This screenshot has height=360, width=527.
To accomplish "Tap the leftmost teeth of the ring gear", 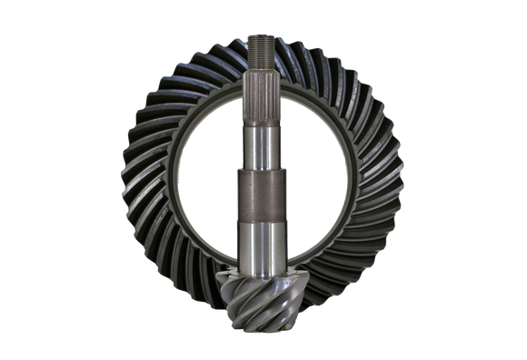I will (134, 182).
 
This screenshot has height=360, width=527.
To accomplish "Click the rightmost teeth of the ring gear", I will (393, 182).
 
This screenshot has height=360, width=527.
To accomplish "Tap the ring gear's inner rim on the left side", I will (169, 182).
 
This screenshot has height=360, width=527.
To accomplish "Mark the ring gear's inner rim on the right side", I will (357, 182).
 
